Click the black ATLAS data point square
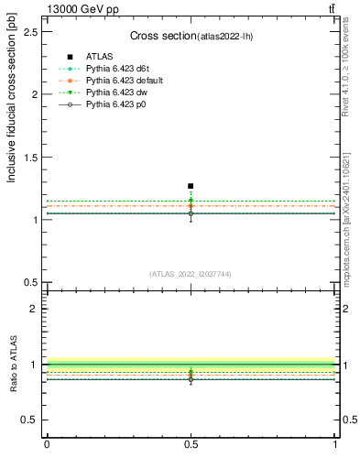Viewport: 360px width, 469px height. pos(191,186)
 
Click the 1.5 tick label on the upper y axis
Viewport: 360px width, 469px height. pos(31,158)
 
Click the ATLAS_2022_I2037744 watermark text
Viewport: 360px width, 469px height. pos(190,274)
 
